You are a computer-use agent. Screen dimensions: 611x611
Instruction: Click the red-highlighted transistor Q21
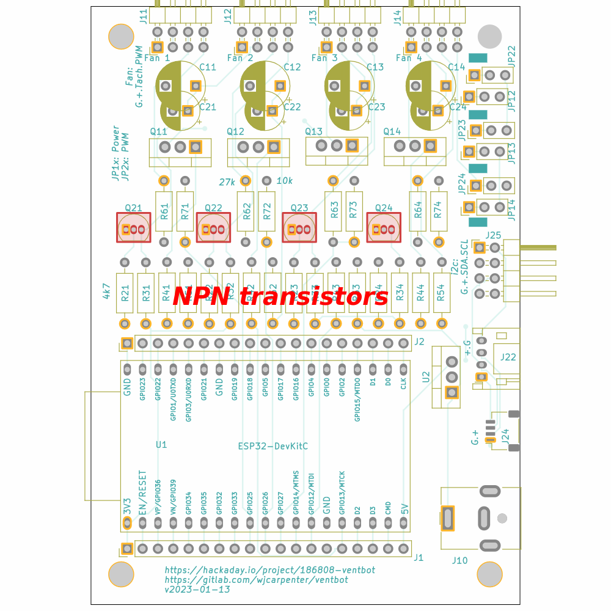(134, 227)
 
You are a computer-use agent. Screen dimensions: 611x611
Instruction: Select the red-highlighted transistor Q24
(383, 227)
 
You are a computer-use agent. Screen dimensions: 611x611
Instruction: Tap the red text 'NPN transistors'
(280, 297)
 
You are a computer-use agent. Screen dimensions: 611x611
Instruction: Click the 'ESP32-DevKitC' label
(273, 447)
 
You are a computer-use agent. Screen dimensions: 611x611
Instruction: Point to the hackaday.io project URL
(269, 569)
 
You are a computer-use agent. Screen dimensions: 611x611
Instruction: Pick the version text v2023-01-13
(197, 590)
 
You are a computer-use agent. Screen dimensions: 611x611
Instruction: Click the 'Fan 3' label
(324, 58)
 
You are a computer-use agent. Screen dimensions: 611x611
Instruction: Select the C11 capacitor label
(208, 67)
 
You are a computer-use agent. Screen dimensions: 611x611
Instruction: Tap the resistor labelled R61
(164, 211)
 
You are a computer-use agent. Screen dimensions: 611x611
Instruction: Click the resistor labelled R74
(436, 211)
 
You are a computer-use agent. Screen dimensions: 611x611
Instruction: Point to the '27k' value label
(227, 181)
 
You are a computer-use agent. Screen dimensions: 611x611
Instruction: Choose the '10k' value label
(285, 181)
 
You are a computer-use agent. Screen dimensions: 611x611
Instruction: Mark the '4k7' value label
(106, 290)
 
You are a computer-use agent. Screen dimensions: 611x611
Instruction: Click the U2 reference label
(426, 377)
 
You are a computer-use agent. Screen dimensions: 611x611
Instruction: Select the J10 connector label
(459, 560)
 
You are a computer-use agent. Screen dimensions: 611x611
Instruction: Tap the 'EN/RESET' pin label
(142, 492)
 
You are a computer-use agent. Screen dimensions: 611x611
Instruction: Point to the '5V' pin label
(404, 508)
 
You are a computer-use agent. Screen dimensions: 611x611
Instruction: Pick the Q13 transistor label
(313, 131)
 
